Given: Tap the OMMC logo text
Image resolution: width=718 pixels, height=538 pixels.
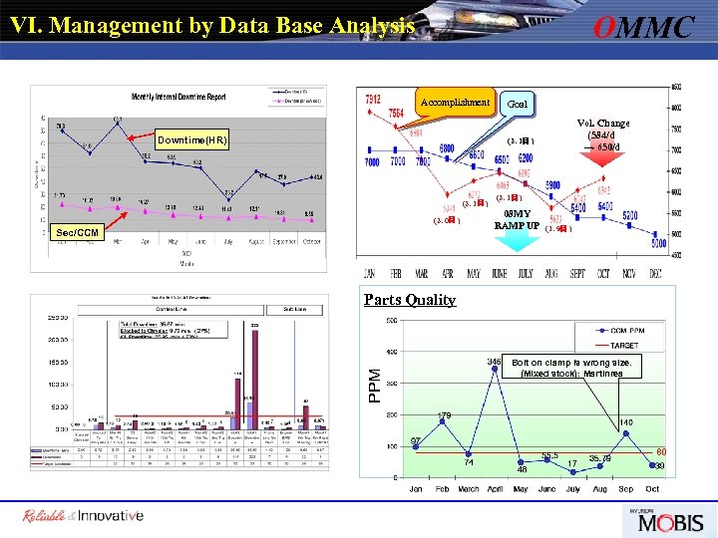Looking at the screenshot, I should pyautogui.click(x=642, y=27).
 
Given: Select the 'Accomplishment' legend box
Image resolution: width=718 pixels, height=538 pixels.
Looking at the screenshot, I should pyautogui.click(x=455, y=103).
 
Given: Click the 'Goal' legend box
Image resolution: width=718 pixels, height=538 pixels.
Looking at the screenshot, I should pyautogui.click(x=519, y=104).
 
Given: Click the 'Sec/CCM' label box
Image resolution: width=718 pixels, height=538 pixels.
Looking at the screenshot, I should pyautogui.click(x=77, y=232).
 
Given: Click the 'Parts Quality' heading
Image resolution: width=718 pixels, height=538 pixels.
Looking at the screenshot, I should pyautogui.click(x=410, y=299).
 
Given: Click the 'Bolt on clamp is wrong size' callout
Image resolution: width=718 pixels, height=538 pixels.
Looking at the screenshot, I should pyautogui.click(x=571, y=368).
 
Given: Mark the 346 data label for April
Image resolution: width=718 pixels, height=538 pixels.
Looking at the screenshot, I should pyautogui.click(x=493, y=361).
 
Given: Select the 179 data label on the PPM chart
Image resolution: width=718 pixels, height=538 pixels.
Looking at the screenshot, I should pyautogui.click(x=445, y=414).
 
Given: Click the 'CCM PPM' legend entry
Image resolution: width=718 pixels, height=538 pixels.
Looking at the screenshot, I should pyautogui.click(x=629, y=330).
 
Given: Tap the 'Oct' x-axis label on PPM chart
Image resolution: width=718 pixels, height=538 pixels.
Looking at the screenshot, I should pyautogui.click(x=652, y=489).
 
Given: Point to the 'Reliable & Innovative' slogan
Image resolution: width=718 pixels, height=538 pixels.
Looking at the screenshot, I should pyautogui.click(x=84, y=516).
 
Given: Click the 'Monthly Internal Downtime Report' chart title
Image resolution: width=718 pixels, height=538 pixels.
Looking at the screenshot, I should pyautogui.click(x=179, y=96).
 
